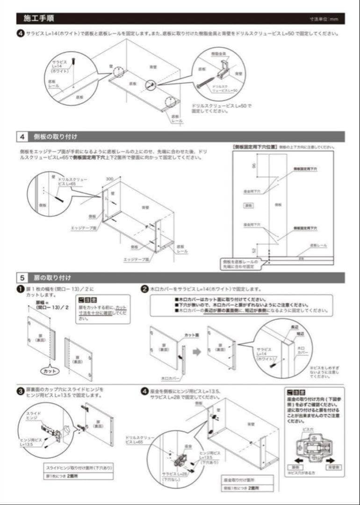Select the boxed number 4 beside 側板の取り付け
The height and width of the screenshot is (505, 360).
click(x=22, y=137)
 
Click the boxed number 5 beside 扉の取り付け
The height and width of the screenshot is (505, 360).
click(x=22, y=278)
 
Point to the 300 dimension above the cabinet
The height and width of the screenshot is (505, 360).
click(x=109, y=179)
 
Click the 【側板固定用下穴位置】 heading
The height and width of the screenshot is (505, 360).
click(x=254, y=146)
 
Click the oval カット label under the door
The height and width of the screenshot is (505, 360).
click(x=48, y=371)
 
